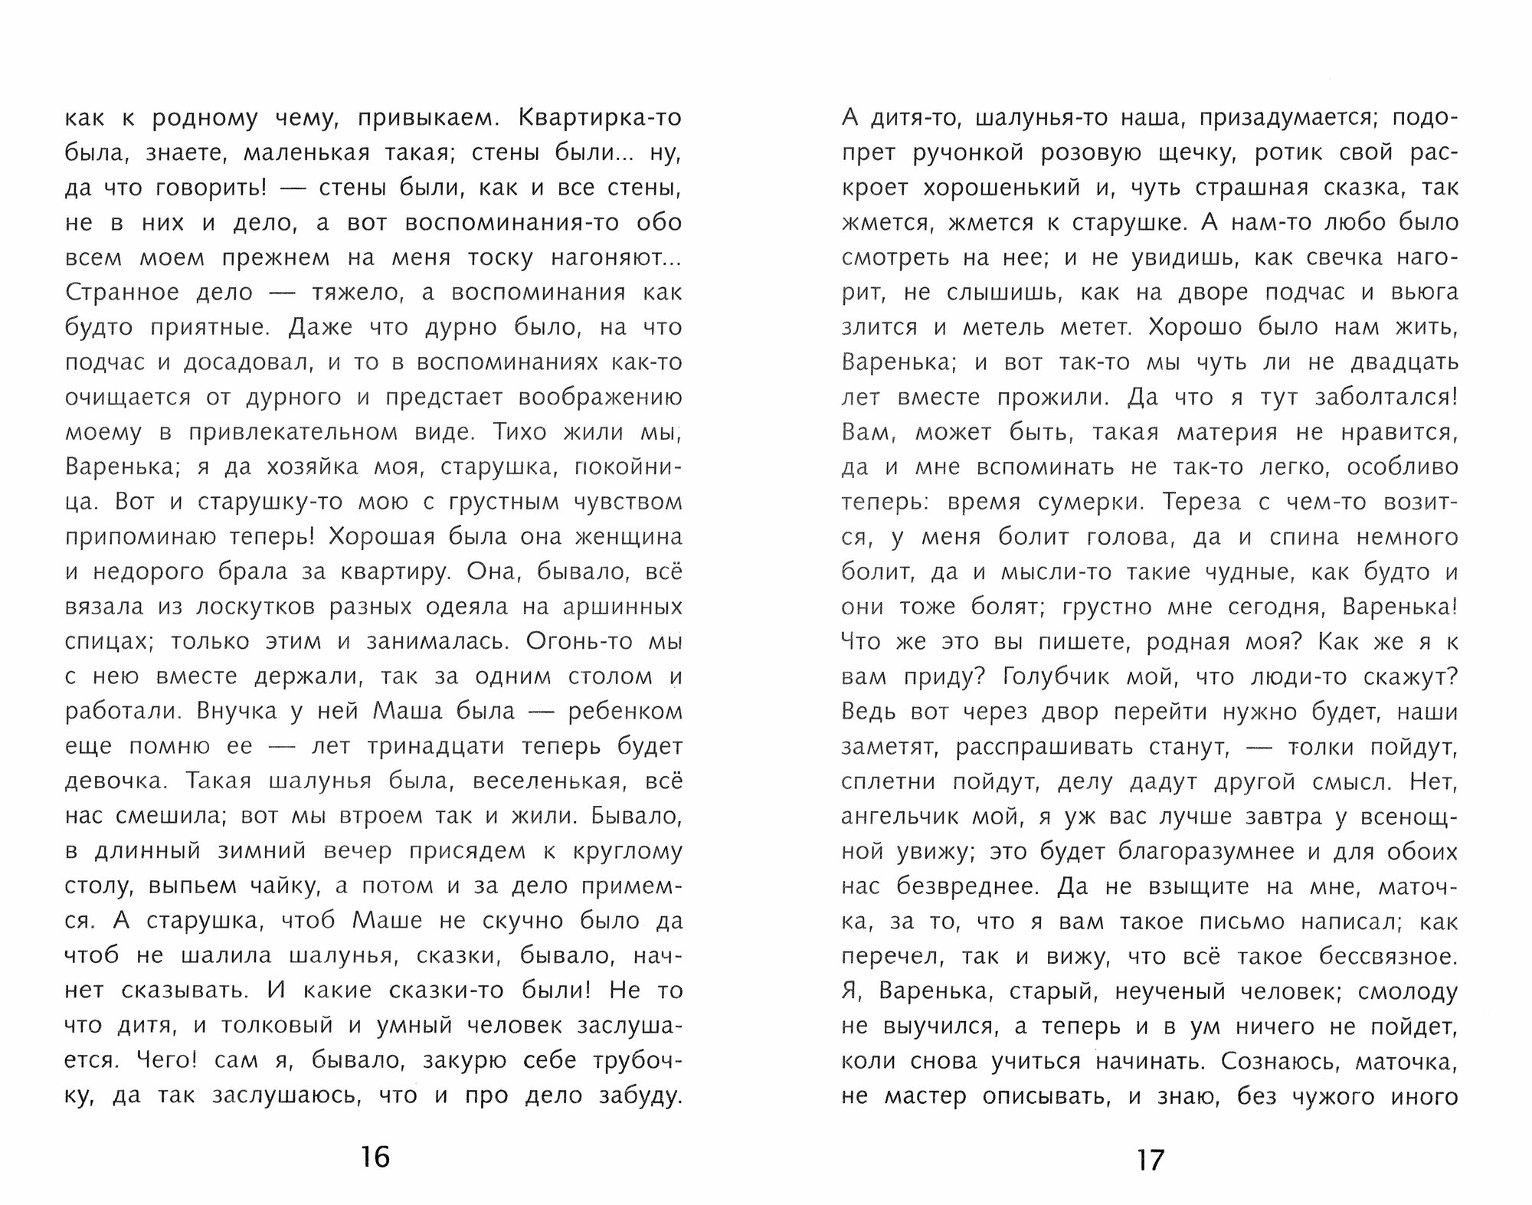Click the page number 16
click(x=375, y=1156)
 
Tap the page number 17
click(x=1150, y=1160)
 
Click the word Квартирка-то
click(x=600, y=118)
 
